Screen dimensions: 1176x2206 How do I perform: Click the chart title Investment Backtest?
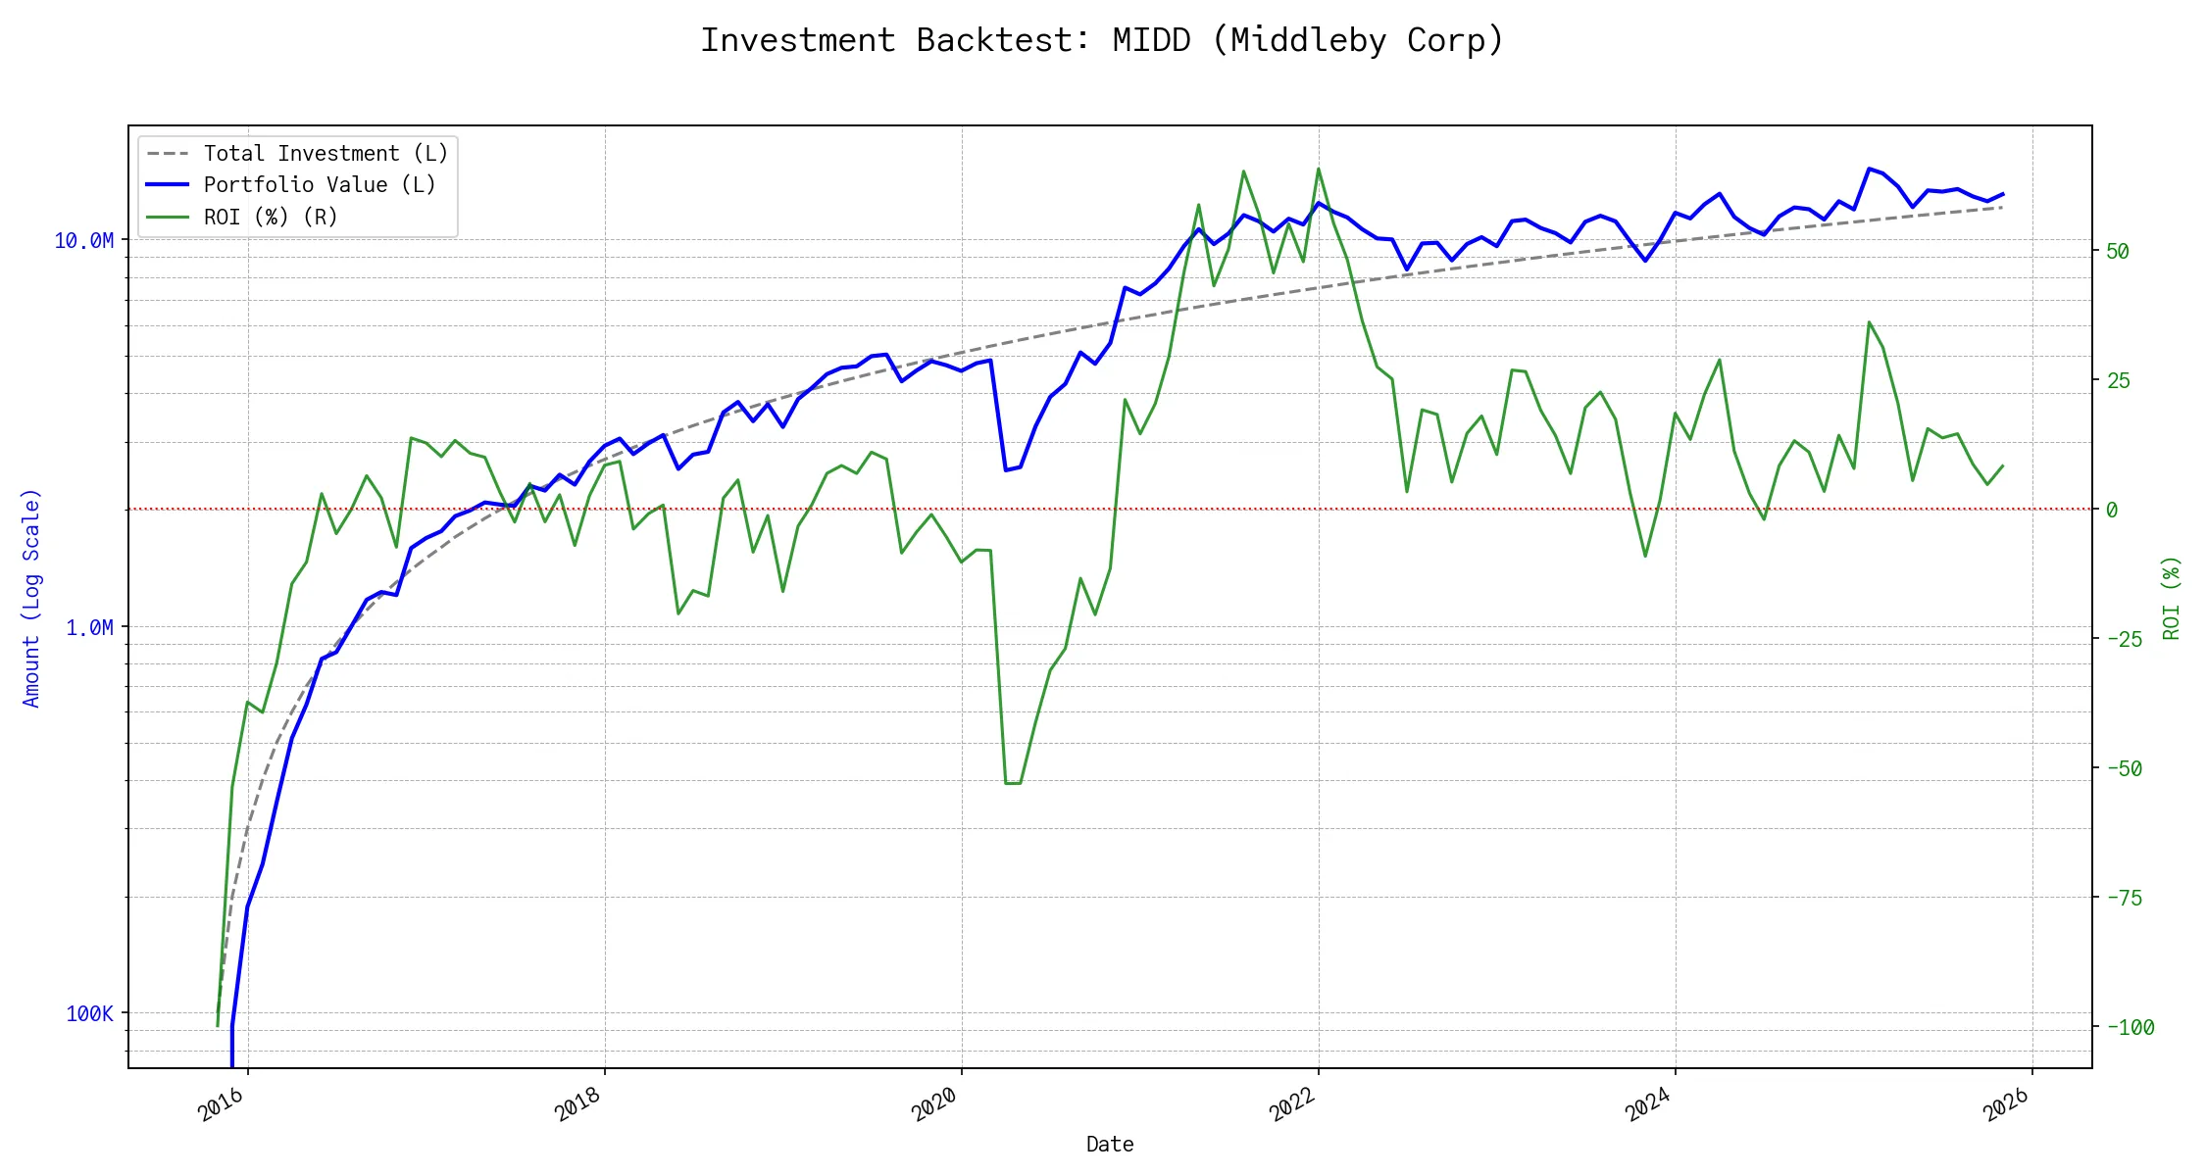1102,41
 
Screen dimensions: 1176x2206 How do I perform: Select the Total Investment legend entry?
326,154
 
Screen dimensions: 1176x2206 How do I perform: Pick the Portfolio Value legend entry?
320,185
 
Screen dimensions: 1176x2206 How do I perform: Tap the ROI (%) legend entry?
271,218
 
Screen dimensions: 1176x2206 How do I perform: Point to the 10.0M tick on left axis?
84,241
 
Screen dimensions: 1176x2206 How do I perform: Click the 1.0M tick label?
89,627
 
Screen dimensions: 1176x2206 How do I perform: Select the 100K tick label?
89,1014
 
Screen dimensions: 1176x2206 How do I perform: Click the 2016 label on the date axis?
221,1105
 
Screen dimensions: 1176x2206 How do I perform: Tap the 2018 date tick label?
577,1105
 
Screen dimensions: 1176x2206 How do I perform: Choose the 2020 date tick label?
934,1105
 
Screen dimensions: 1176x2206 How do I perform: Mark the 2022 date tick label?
1291,1105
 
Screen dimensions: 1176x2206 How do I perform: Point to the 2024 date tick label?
1648,1105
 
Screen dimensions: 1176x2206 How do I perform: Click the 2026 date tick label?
2005,1105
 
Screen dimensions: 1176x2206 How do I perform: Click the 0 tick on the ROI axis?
2112,511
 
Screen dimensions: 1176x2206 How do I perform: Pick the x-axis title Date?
1110,1145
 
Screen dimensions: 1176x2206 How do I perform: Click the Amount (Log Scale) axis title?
31,598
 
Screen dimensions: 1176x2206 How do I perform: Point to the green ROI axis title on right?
2171,598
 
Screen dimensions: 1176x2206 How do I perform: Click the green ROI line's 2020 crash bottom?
1013,783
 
